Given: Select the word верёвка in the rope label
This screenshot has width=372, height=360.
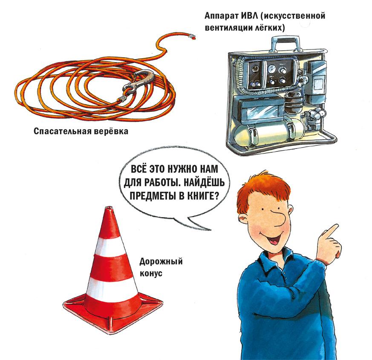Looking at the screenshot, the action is point(111,131).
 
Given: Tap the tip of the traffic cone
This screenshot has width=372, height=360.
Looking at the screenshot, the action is point(109,208).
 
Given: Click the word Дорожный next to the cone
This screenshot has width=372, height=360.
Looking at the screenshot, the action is point(161,262).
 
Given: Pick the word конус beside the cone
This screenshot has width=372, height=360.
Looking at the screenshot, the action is point(151,273).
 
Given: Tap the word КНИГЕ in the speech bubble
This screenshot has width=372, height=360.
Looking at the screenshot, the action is point(203,196).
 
